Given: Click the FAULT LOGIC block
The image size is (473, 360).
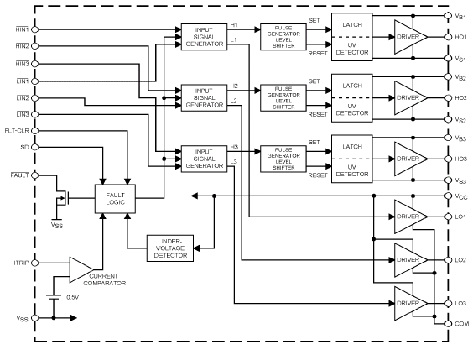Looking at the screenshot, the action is [115, 199].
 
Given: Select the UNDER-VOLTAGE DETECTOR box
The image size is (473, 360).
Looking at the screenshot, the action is [170, 248].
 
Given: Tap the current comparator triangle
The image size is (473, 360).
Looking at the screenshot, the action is [81, 269].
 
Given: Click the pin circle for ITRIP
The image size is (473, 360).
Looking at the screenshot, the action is [35, 263].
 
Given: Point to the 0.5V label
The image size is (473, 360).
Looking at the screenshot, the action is [73, 297].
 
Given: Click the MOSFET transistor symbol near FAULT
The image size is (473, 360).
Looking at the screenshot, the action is [63, 198].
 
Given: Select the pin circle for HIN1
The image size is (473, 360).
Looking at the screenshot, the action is [35, 29].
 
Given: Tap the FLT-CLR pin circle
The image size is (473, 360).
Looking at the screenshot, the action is [35, 131].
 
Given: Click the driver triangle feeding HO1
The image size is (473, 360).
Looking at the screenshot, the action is [411, 37].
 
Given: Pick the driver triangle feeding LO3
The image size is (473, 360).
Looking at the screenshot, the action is [411, 303].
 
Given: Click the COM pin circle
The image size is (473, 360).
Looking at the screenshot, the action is [449, 323].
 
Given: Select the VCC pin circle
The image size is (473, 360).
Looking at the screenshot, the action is [449, 196].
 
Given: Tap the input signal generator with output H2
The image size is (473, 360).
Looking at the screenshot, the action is [205, 98].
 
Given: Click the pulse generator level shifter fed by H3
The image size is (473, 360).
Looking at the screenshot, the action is [283, 159].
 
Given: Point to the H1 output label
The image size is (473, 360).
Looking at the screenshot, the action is [234, 25].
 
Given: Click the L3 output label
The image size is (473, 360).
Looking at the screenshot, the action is [234, 162].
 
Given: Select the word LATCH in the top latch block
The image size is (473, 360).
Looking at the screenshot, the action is [352, 24].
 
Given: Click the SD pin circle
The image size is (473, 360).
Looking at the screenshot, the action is [35, 147].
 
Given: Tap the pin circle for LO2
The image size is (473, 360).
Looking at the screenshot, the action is [449, 260].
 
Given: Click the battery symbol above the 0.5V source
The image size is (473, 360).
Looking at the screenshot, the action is [54, 297].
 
